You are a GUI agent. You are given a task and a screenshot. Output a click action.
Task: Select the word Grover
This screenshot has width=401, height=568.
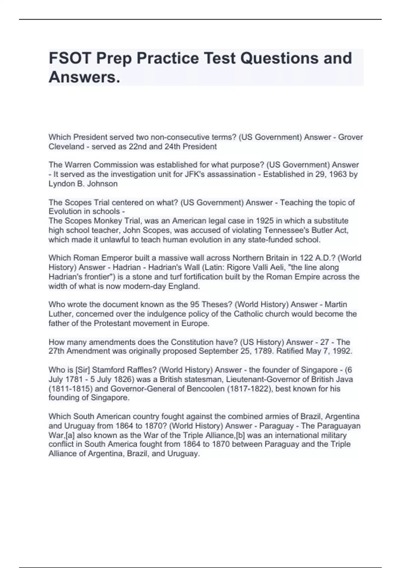point(351,137)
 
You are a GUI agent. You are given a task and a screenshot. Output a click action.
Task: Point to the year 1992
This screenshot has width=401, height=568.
point(342,351)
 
